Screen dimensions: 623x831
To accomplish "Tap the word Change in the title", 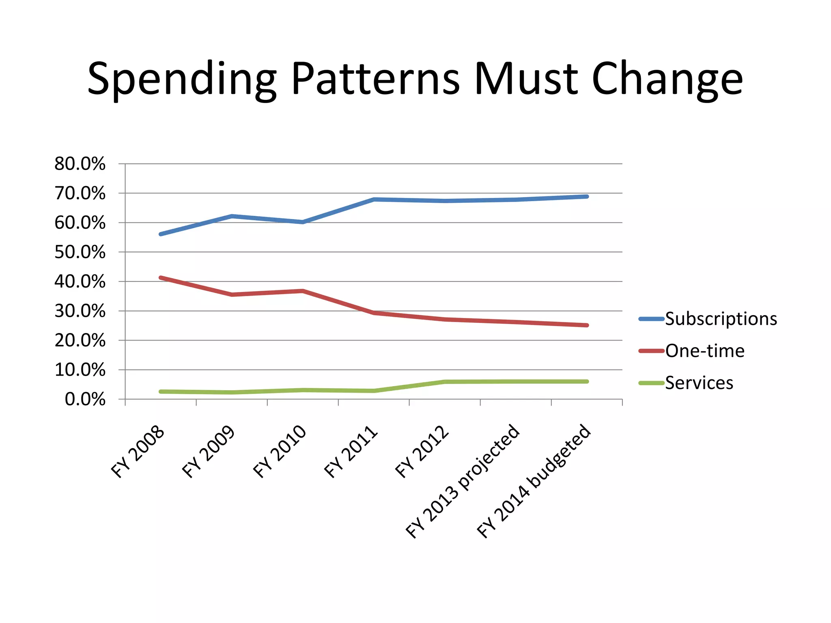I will point(667,79).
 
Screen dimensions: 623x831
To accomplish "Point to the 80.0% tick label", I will point(80,164).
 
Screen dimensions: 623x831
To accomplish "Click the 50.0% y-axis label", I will point(80,252).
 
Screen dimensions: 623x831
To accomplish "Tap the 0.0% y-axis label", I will point(85,400).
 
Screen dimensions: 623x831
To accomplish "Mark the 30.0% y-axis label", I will point(80,311).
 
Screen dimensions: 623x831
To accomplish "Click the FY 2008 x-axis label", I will point(138,452).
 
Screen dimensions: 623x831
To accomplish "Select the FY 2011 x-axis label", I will point(351,452).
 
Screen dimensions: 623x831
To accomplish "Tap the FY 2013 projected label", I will point(463,481).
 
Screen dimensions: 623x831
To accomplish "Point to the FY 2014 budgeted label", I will point(534,481).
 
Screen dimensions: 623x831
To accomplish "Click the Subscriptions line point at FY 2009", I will point(232,216).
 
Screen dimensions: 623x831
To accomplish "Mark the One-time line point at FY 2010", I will point(303,291).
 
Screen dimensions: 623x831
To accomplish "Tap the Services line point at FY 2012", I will point(445,382).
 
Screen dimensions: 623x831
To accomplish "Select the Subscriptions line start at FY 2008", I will point(161,234).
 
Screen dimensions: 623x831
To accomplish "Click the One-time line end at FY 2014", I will point(587,325).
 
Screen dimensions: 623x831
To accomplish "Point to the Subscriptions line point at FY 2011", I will point(374,199).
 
